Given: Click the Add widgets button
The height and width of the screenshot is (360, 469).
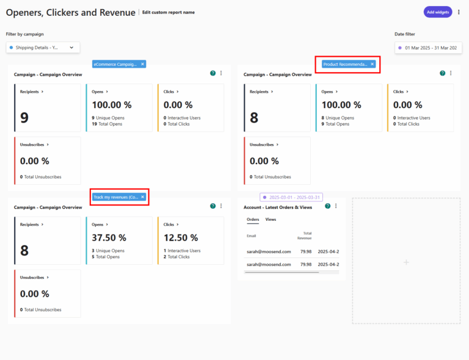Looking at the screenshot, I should click(437, 12).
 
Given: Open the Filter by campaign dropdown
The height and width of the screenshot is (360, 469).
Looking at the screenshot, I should click(43, 47).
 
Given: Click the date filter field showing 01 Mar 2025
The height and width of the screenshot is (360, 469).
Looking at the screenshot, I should click(427, 47).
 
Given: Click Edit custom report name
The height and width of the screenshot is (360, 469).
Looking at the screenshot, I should click(169, 12).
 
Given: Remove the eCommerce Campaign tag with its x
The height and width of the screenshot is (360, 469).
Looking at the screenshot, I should click(142, 63).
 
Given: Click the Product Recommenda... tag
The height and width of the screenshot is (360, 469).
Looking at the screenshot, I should click(345, 64).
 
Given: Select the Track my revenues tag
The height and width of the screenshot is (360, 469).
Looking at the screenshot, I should click(115, 197).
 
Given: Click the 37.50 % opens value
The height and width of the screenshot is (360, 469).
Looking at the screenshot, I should click(109, 238).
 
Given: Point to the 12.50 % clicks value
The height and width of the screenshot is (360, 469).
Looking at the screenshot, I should click(181, 238).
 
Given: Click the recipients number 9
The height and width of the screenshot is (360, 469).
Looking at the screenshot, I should click(24, 118).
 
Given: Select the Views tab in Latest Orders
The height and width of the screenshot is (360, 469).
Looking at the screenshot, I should click(271, 219).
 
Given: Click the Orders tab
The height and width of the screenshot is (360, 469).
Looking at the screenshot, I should click(253, 219).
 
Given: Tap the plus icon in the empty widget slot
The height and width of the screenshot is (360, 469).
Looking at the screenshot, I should click(406, 262).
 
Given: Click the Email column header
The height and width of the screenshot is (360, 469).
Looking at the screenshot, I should click(252, 235).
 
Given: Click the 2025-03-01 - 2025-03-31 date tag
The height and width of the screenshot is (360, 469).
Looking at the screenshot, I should click(291, 197).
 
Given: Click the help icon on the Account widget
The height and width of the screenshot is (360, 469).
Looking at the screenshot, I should click(328, 206).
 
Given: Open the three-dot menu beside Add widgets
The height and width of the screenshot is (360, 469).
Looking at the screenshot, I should click(459, 12).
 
